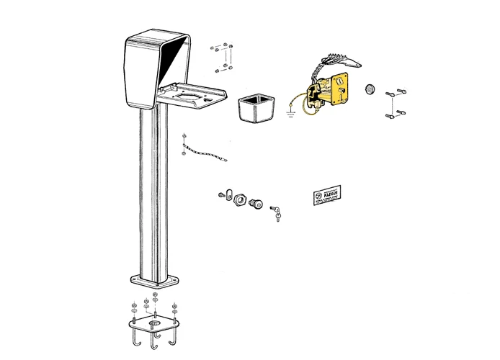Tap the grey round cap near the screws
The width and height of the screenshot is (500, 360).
370,88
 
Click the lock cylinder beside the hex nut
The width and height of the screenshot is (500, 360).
255,204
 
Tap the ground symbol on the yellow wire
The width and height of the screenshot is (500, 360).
290,112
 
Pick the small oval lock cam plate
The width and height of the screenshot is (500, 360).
226,194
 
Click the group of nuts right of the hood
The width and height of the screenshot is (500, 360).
223,59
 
